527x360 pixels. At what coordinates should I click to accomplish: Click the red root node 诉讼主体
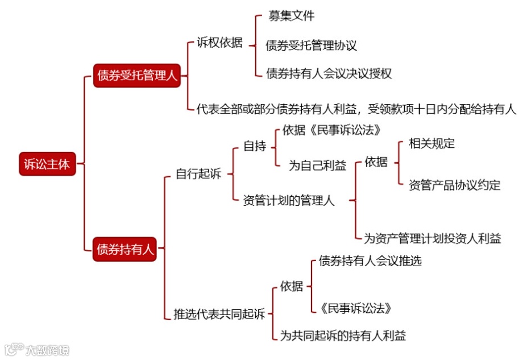click(x=47, y=164)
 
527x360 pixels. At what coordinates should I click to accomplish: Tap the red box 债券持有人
click(x=124, y=249)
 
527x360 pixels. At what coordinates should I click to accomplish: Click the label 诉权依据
click(x=219, y=43)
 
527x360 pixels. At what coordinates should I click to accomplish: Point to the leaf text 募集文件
click(x=291, y=16)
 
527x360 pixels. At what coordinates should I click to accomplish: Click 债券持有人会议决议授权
click(x=329, y=74)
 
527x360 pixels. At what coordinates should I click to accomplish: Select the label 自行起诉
click(x=198, y=174)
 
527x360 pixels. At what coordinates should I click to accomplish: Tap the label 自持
click(x=255, y=146)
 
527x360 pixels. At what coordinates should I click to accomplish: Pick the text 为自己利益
click(x=317, y=165)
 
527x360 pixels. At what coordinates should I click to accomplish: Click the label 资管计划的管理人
click(x=289, y=200)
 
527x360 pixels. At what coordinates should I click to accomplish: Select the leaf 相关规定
click(x=432, y=143)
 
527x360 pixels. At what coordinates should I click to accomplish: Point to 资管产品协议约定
click(x=454, y=185)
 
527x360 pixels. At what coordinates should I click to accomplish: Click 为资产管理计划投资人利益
click(x=433, y=238)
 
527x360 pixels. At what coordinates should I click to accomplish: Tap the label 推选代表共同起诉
click(x=219, y=314)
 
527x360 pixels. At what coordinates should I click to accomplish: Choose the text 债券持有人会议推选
click(x=370, y=261)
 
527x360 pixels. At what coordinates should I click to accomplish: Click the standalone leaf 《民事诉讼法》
click(x=356, y=308)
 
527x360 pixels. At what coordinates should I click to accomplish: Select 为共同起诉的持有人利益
click(x=343, y=336)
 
